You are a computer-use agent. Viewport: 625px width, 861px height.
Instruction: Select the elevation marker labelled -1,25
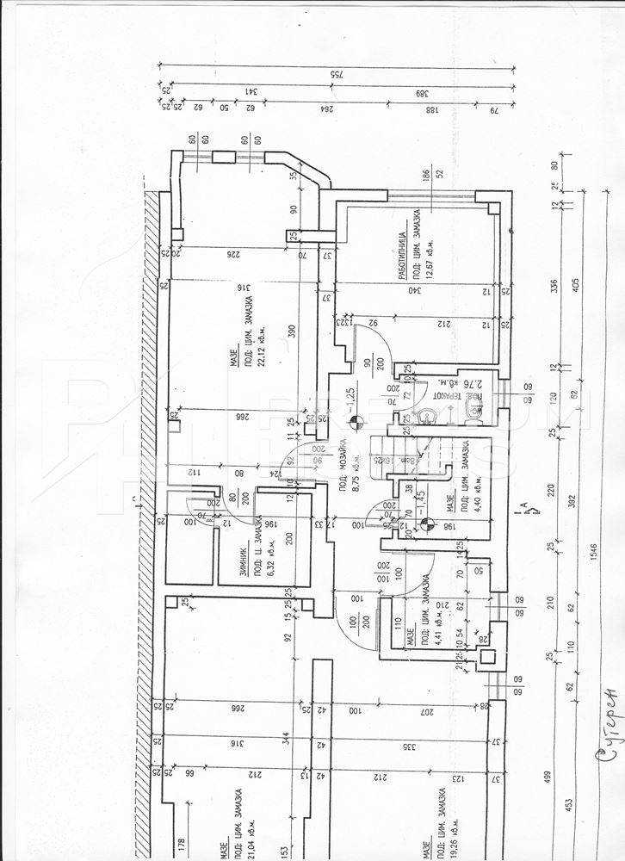pos(350,405)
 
